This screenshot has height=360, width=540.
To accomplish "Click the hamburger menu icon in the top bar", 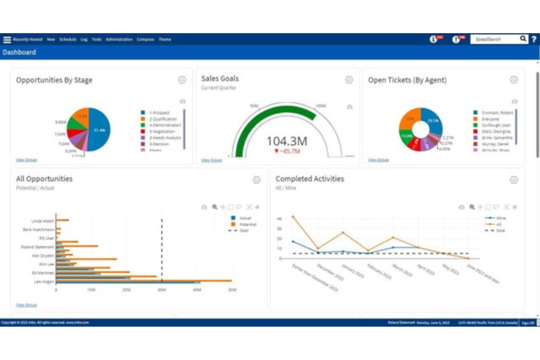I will (x=7, y=39).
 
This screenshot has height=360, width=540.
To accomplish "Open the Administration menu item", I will (x=119, y=39).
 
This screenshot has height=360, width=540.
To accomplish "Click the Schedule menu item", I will (x=68, y=39).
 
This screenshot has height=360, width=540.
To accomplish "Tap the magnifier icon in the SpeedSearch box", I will (x=523, y=39).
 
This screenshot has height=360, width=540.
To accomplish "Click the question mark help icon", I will (x=534, y=39).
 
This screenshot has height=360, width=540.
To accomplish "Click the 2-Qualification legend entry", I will (x=163, y=119).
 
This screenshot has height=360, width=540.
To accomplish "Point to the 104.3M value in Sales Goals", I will (x=287, y=141).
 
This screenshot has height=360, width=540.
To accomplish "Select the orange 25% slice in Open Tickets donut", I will (x=410, y=119).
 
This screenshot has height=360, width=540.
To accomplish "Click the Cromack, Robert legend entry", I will (x=497, y=113).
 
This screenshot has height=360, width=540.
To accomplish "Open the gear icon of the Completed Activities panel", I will (x=514, y=180).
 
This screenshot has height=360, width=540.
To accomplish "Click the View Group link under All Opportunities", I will (x=26, y=305).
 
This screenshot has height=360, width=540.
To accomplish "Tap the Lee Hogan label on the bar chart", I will (x=44, y=282).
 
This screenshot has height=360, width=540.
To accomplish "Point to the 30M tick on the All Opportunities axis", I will (x=162, y=290).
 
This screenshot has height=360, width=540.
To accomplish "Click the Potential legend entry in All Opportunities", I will (x=248, y=224).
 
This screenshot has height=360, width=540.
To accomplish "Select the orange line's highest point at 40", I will (x=293, y=217).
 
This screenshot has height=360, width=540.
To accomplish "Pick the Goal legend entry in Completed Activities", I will (x=500, y=231).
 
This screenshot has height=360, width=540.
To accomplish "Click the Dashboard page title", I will (x=19, y=52).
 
